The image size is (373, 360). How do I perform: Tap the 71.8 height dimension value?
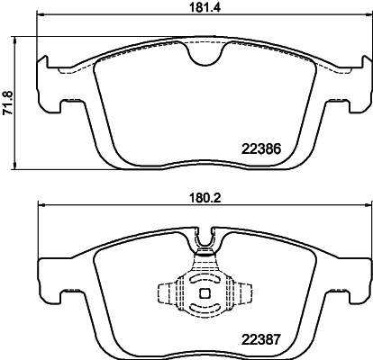[8, 103]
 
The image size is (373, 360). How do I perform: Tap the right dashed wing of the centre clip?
[245, 292]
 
